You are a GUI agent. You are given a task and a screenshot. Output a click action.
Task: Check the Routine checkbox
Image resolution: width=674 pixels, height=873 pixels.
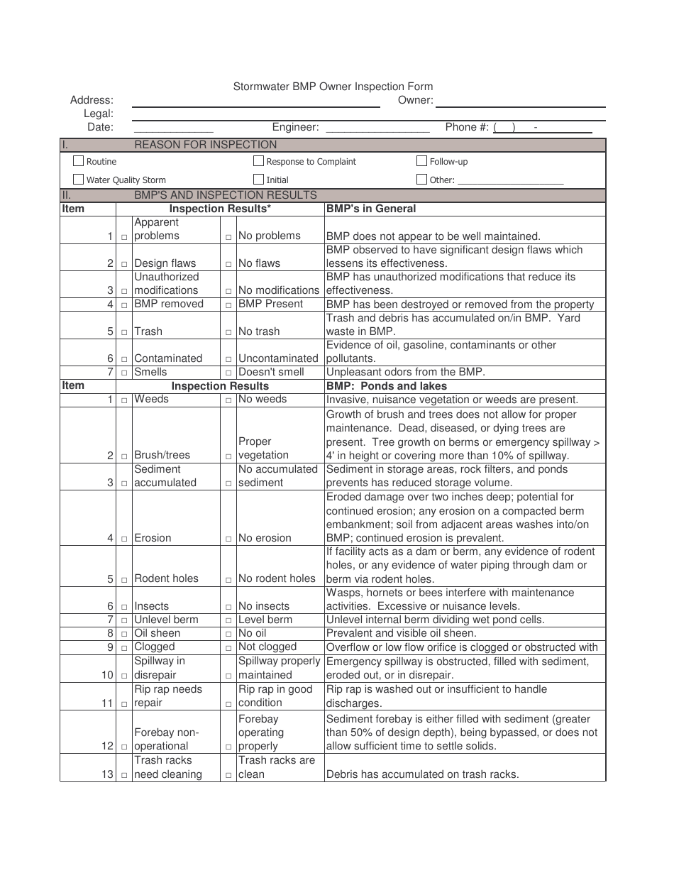pos(79,161)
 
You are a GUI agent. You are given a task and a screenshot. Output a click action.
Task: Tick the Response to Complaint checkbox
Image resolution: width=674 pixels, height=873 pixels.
pos(259,161)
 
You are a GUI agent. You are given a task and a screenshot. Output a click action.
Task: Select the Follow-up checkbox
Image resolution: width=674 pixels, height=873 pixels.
pos(422,161)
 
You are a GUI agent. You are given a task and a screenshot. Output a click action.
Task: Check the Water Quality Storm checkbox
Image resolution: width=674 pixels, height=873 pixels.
pos(79,180)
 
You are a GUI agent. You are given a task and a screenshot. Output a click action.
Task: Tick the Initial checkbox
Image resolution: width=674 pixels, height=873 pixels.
pos(259,180)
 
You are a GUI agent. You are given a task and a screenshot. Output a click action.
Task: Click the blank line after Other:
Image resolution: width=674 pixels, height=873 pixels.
pos(511,182)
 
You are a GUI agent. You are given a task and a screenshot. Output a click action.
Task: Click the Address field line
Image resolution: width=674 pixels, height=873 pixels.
pos(255,105)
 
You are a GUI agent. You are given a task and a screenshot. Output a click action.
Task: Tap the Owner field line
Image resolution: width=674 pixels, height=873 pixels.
pos(521,105)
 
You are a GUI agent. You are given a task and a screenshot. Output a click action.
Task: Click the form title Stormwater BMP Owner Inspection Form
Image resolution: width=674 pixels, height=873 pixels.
pos(333,87)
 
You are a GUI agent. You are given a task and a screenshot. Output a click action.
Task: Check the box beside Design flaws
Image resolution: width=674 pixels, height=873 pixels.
pos(124,264)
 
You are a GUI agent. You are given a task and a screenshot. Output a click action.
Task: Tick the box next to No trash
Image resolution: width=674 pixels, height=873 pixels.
pos(228,332)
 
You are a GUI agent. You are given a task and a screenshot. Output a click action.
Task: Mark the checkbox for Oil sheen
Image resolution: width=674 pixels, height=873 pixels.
pos(124,634)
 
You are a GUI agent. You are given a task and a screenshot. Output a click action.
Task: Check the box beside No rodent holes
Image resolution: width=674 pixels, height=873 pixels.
pos(228,579)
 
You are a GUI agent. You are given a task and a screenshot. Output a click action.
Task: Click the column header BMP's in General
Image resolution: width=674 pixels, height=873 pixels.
pos(371,209)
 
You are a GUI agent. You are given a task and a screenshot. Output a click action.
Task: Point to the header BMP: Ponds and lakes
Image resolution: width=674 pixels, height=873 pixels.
pos(387,386)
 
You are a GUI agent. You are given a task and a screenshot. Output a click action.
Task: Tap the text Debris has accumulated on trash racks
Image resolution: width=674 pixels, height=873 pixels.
pos(422,774)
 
